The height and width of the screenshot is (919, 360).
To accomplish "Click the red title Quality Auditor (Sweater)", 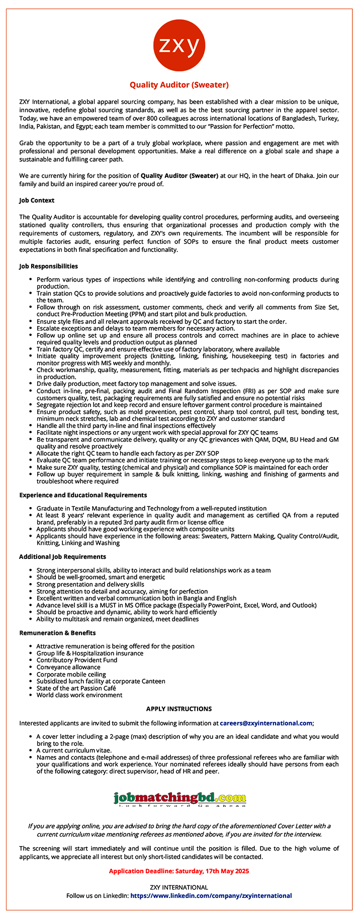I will tap(179, 85).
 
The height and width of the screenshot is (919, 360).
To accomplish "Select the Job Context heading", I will tap(37, 200).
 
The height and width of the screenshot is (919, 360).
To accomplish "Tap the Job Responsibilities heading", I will tap(48, 266).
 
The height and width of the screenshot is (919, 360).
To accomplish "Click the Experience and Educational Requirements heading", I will tap(83, 495).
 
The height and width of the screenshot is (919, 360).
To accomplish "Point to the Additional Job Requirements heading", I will tap(62, 557).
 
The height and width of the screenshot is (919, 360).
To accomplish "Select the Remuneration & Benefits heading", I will tap(57, 633).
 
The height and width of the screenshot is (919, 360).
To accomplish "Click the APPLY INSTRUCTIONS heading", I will tap(179, 709).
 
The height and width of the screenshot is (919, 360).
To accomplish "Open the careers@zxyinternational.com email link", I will tap(266, 723).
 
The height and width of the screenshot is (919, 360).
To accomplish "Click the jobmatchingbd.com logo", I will tap(179, 799).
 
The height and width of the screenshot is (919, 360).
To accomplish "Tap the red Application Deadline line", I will tap(179, 871).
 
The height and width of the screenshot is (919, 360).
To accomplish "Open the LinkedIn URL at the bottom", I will tap(211, 895).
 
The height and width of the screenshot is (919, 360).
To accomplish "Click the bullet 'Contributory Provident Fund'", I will tap(76, 660).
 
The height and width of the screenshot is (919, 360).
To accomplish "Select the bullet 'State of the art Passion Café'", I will tap(76, 688).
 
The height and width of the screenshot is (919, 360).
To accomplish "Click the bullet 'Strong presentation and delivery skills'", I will tap(90, 584).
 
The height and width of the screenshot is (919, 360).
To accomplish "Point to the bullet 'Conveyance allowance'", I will tap(68, 667).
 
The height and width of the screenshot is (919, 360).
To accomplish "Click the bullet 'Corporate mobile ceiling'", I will tap(71, 674).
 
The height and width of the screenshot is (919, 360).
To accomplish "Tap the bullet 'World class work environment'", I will tap(79, 695).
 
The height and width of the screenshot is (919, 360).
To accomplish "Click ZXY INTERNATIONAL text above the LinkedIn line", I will tap(179, 887).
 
